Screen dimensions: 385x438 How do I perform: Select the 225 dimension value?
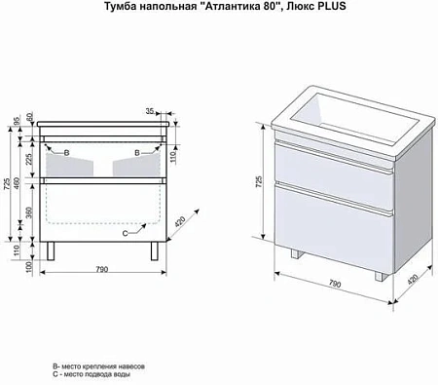click(x=30, y=161)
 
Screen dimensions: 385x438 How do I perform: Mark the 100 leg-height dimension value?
click(x=30, y=266)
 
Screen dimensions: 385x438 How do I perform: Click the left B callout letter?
click(x=65, y=153)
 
